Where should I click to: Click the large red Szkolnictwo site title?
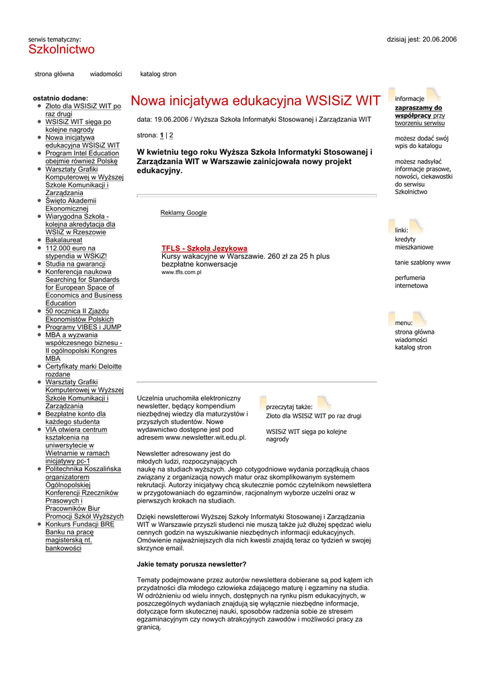pyautogui.click(x=61, y=50)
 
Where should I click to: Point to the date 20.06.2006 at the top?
pyautogui.click(x=439, y=40)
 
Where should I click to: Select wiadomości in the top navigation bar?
pyautogui.click(x=106, y=74)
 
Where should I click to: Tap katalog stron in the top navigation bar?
pyautogui.click(x=158, y=74)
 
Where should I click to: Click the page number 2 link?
pyautogui.click(x=171, y=135)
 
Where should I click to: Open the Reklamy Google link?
pyautogui.click(x=184, y=213)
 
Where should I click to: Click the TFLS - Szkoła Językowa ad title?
pyautogui.click(x=204, y=248)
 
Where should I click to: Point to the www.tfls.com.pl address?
pyautogui.click(x=182, y=273)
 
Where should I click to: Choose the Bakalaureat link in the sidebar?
pyautogui.click(x=64, y=240)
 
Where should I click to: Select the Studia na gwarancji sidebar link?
pyautogui.click(x=75, y=264)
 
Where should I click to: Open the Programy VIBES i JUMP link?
pyautogui.click(x=83, y=327)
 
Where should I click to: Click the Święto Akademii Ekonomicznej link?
pyautogui.click(x=71, y=205)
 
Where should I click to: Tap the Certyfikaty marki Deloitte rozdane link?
pyautogui.click(x=83, y=370)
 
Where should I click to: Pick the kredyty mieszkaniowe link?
pyautogui.click(x=414, y=243)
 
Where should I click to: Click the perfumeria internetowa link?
pyautogui.click(x=411, y=281)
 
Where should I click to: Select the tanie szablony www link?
pyautogui.click(x=422, y=262)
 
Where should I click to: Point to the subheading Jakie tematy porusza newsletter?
pyautogui.click(x=192, y=564)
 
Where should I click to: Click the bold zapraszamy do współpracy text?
pyautogui.click(x=418, y=112)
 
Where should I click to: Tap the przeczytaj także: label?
pyautogui.click(x=289, y=407)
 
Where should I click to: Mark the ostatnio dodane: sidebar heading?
pyautogui.click(x=61, y=98)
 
